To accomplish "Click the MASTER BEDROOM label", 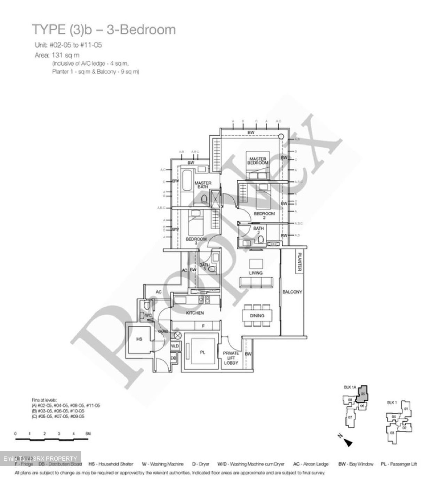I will [258, 161].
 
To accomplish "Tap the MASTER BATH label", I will [203, 185].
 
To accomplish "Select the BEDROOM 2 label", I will [264, 215].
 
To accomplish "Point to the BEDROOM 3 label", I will [196, 241].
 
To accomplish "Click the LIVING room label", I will [256, 273].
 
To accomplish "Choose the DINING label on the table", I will [257, 316].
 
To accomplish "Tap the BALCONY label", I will [292, 292].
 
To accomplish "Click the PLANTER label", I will [299, 262].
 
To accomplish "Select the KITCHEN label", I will [195, 313].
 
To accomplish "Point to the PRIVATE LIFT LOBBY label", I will [231, 358].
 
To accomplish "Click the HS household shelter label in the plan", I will [139, 339].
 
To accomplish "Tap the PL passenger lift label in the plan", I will [202, 352].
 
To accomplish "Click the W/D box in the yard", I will [175, 346].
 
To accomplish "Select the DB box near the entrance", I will [174, 358].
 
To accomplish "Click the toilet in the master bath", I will [204, 199].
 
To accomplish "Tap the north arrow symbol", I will [348, 442].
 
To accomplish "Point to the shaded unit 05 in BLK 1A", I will [362, 394].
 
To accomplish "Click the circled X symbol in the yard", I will [177, 336].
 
